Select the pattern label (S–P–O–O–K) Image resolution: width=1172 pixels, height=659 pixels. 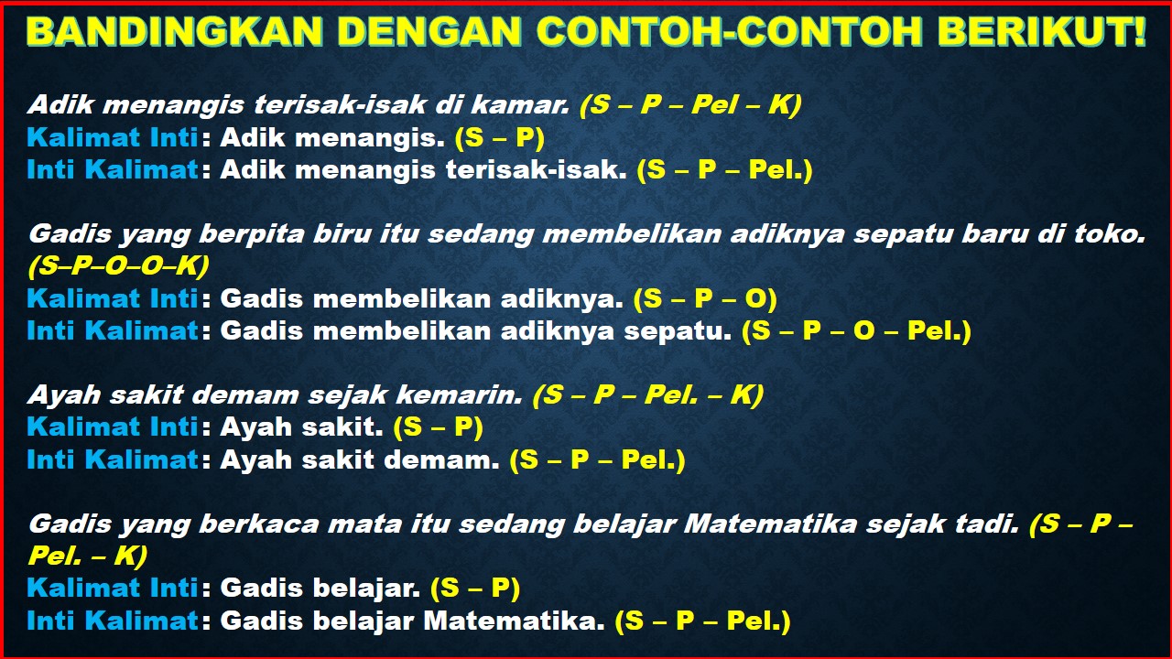click(118, 265)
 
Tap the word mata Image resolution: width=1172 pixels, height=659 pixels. click(344, 524)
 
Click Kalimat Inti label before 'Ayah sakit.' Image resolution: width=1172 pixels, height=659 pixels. click(113, 427)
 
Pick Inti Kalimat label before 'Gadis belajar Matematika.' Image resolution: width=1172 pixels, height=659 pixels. click(113, 621)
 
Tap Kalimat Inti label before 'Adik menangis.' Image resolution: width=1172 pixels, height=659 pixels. click(113, 137)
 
